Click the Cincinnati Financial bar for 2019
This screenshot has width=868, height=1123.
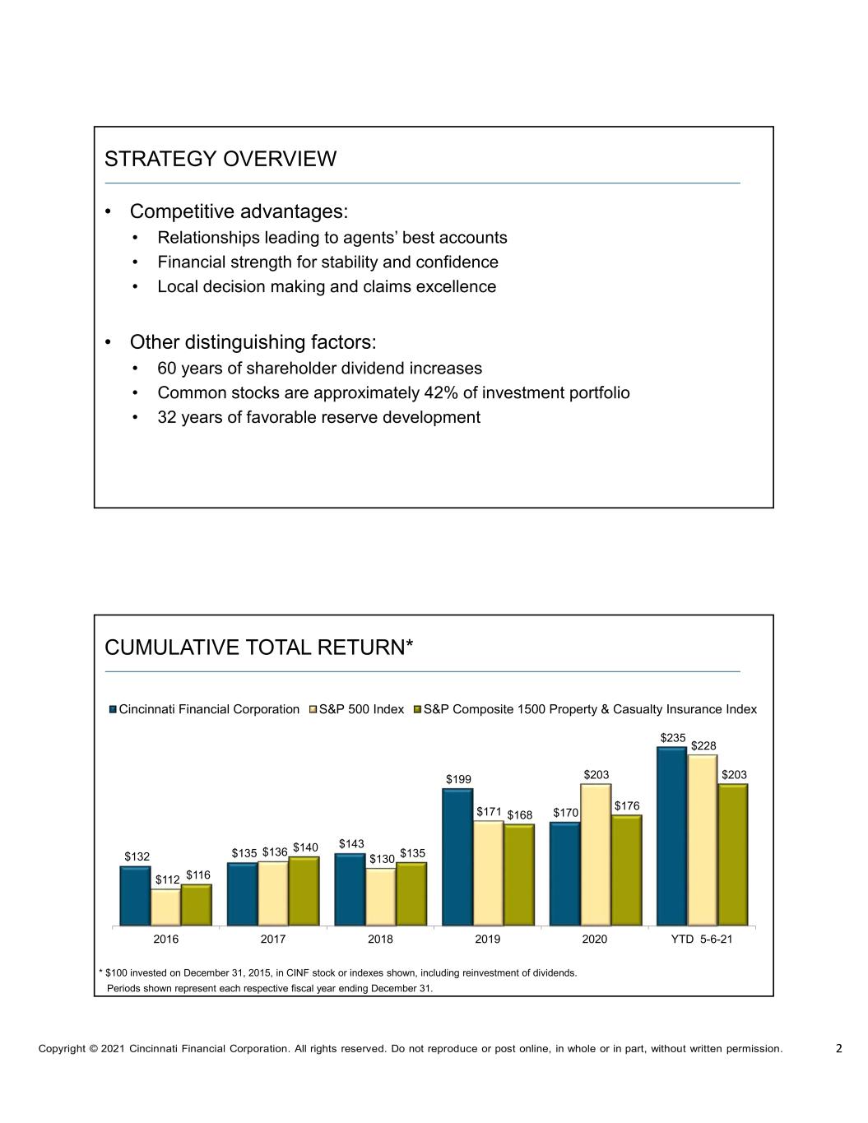457,857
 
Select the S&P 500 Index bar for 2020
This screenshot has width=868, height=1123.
595,854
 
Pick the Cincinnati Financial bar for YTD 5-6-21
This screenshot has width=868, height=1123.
671,836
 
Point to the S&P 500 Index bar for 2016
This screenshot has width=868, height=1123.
166,907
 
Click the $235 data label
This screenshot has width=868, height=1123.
673,738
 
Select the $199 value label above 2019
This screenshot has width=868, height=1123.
459,779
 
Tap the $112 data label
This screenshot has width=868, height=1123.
168,879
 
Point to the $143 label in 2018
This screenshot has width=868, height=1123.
351,843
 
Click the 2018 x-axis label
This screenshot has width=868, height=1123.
380,939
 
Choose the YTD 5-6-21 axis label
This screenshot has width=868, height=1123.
702,939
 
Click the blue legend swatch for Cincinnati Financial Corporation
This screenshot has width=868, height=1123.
114,709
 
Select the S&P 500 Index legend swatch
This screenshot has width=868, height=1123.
313,709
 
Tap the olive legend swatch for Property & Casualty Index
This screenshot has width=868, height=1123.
417,709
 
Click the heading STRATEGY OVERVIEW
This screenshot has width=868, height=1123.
220,159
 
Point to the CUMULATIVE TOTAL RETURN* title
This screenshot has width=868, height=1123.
258,648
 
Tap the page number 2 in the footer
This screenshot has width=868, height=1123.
838,1048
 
